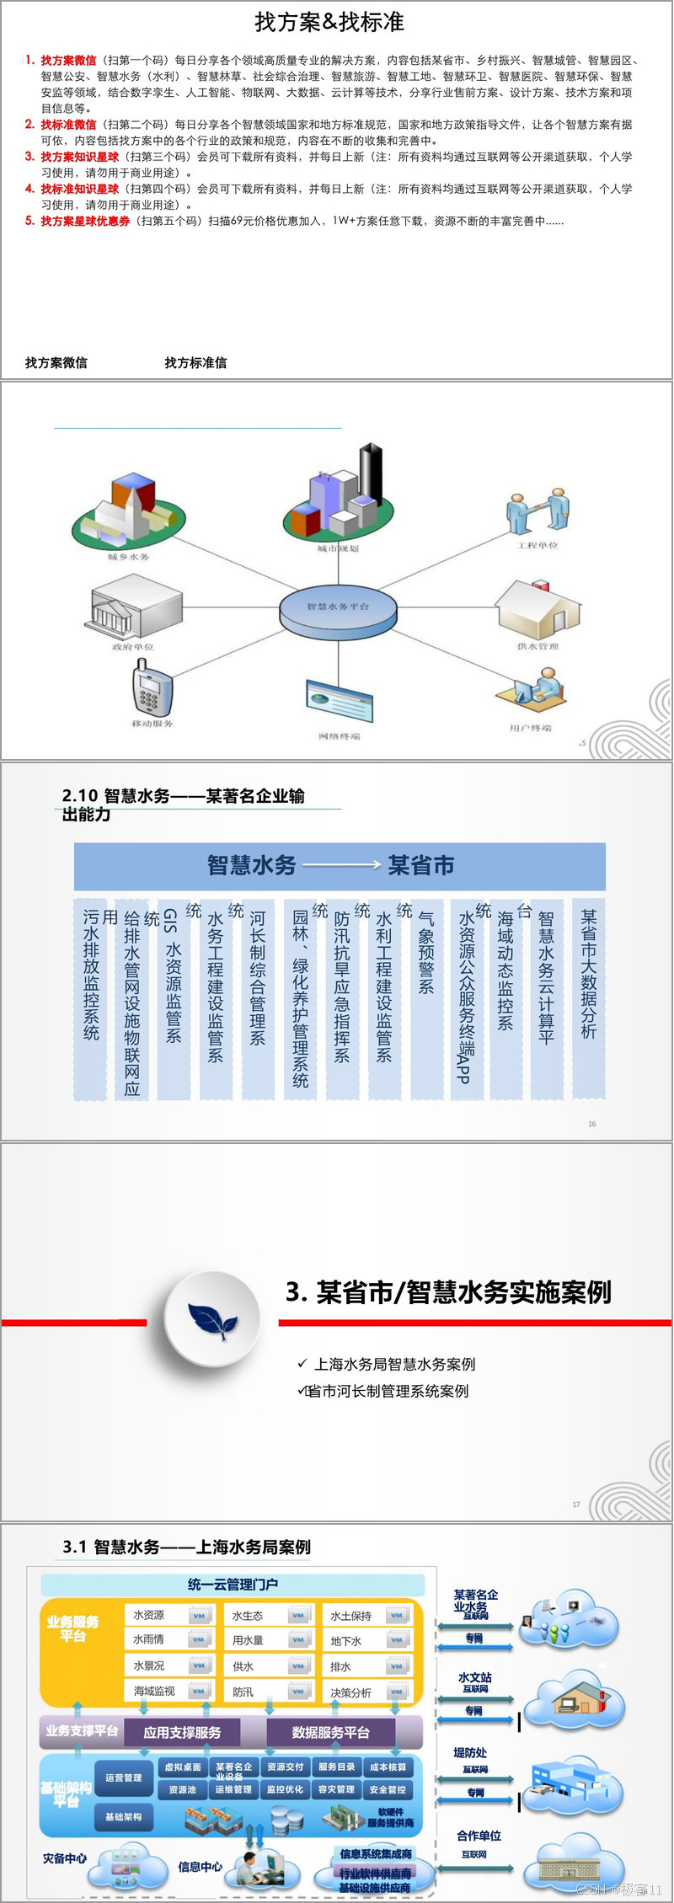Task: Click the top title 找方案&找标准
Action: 329,23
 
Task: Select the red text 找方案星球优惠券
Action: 85,222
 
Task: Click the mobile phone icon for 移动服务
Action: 152,687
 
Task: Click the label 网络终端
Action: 339,736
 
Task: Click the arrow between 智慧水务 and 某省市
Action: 341,865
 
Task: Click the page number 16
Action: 591,1124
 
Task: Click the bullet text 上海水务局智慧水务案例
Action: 394,1364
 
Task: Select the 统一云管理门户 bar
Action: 233,1584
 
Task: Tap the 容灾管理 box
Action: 336,1789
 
